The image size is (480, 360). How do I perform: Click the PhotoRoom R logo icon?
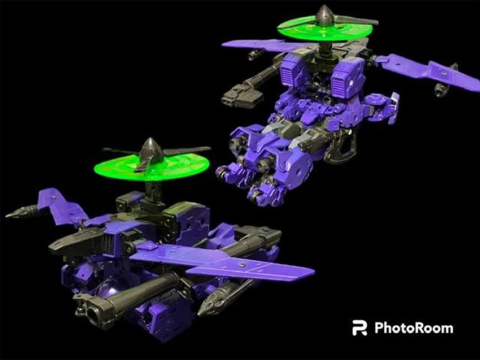(x=360, y=328)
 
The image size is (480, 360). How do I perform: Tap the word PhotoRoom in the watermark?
(x=414, y=328)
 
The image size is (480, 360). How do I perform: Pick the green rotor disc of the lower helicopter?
(x=152, y=168)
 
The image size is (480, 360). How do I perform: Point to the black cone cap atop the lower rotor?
(x=150, y=150)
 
